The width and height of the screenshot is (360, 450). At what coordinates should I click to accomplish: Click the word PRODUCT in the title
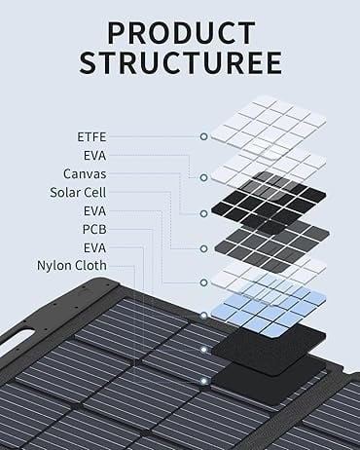pos(181,33)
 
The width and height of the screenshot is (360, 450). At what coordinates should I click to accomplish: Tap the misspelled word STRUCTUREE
pos(180,62)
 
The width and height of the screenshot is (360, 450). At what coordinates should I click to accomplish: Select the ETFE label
pos(91,137)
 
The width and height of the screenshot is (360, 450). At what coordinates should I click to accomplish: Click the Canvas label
pos(85,174)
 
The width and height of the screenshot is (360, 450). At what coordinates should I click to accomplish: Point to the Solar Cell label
pos(78,193)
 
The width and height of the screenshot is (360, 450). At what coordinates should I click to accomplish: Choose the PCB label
pos(94,230)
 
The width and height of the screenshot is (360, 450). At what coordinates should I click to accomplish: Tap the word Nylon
pos(53,266)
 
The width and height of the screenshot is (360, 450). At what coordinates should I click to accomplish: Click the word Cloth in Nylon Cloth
pos(90,265)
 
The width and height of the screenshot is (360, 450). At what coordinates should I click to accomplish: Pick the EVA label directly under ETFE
pos(94,156)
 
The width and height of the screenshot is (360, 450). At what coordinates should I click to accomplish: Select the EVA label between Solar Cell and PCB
pos(94,211)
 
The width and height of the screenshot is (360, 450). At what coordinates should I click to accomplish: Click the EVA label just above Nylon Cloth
pos(94,248)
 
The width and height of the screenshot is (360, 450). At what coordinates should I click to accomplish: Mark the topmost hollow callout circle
pos(203,136)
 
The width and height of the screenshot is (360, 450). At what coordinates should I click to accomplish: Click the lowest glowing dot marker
pos(203,381)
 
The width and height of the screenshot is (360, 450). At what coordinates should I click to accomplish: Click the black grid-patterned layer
pos(269,202)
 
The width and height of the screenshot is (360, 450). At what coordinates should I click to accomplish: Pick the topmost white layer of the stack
pos(269,126)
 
